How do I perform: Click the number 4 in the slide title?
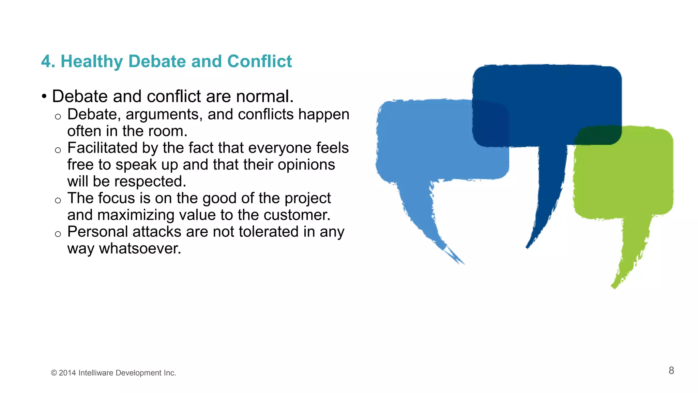click(x=46, y=62)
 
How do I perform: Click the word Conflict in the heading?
click(x=259, y=62)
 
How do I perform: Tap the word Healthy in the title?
click(x=91, y=62)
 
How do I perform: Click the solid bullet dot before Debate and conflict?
click(x=44, y=97)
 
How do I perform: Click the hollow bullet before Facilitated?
click(x=58, y=150)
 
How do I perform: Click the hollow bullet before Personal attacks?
click(x=58, y=234)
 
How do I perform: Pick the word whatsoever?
click(x=140, y=249)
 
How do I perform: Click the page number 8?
click(x=671, y=370)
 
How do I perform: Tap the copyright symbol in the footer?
click(x=54, y=373)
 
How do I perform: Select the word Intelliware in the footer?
click(x=96, y=373)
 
